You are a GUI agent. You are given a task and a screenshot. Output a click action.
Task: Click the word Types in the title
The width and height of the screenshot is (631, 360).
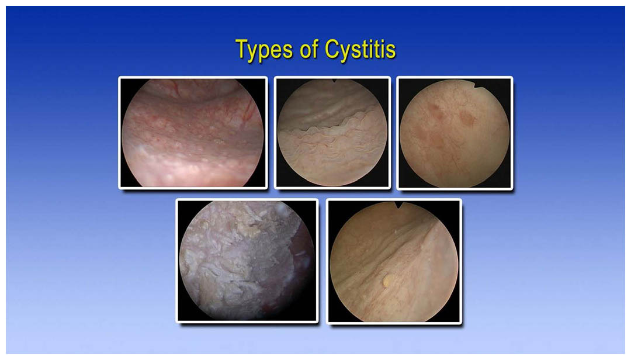pos(264,50)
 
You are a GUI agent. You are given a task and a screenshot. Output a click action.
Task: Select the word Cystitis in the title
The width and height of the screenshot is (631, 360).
pos(360,50)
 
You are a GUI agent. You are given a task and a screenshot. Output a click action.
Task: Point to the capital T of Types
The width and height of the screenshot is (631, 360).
pos(242,49)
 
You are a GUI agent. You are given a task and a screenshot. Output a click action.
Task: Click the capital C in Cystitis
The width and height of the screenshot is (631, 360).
pos(333,49)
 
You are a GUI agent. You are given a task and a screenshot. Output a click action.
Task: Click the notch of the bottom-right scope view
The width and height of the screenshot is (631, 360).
pos(399,205)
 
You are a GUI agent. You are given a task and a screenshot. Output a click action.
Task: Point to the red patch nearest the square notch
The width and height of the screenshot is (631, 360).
pos(467,117)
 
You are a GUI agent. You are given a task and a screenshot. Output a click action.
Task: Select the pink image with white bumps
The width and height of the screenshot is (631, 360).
pos(193,133)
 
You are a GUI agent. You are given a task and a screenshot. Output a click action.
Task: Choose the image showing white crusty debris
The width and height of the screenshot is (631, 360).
pos(247,261)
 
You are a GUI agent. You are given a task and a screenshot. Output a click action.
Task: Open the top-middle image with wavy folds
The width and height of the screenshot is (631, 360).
pos(332,133)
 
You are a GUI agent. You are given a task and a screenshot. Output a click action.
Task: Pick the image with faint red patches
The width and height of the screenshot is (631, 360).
pos(455,133)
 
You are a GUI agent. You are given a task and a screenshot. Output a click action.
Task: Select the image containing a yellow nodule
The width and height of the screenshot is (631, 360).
pos(394,261)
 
